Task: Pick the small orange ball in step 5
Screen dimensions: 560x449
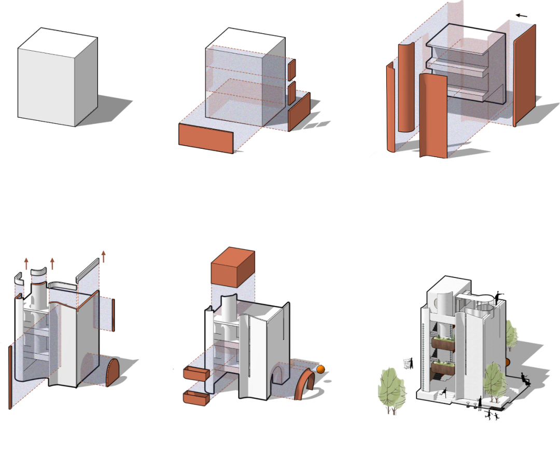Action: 320,369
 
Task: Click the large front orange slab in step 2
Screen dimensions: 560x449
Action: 206,137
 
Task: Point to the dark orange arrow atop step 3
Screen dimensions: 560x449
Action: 521,15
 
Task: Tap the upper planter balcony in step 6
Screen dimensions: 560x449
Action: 444,344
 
